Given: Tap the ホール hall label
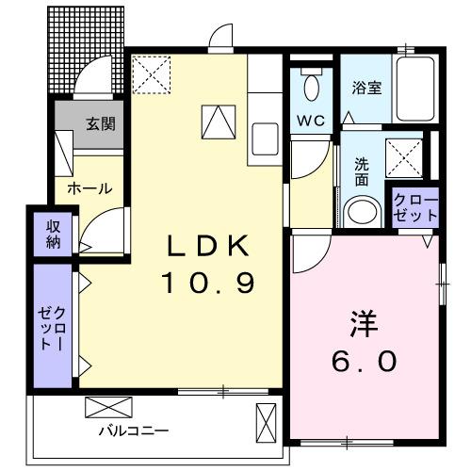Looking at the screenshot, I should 89,188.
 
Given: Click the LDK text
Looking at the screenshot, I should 208,246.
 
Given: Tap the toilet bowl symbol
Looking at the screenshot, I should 314,90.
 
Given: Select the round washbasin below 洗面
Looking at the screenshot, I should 360,210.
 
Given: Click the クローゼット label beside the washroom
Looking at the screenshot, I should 415,207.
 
